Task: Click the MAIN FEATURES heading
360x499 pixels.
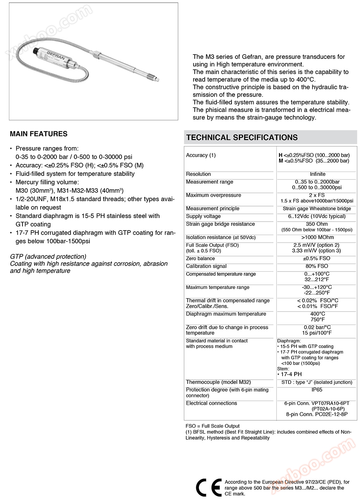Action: tap(39, 134)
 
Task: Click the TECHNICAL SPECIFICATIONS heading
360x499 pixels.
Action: tap(242, 138)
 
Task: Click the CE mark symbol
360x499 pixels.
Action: tap(209, 487)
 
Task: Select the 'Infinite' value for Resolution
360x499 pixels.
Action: tap(317, 174)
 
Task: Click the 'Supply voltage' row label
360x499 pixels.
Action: tap(203, 216)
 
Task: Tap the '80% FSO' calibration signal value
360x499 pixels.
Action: tap(317, 266)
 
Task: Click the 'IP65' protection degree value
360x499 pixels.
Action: tap(317, 390)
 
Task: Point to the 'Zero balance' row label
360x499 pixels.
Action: tap(200, 258)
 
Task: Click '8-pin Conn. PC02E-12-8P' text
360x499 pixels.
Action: tap(317, 414)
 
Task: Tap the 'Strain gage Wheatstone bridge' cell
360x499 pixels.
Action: tap(317, 208)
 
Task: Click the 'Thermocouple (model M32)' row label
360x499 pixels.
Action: tap(218, 382)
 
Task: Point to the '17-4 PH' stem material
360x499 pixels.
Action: tap(291, 374)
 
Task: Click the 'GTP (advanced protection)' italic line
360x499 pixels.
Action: tap(48, 256)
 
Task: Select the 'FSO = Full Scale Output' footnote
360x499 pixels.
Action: tap(213, 426)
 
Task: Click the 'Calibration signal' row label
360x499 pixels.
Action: tap(206, 266)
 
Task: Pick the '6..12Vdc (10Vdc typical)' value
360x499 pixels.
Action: tap(317, 216)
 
